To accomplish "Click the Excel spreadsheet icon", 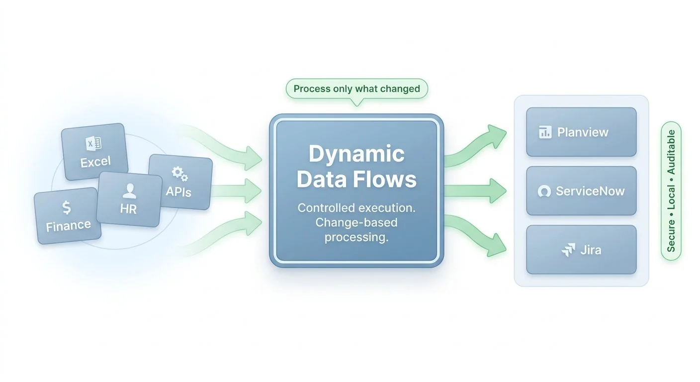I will [x=93, y=144].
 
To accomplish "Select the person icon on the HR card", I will [x=129, y=190].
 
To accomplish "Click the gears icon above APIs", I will [x=179, y=174].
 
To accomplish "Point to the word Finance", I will [x=69, y=226].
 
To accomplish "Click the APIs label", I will [x=178, y=191].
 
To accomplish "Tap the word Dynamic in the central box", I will [x=356, y=154].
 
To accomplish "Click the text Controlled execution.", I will [x=356, y=208].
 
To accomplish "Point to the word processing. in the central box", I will [x=356, y=237].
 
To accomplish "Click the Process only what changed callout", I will [x=356, y=90].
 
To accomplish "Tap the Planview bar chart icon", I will [x=545, y=132].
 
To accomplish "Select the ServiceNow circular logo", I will [x=544, y=191].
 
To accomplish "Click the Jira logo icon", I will [x=568, y=250].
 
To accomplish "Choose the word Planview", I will [x=583, y=132].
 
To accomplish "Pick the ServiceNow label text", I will [x=590, y=191].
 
